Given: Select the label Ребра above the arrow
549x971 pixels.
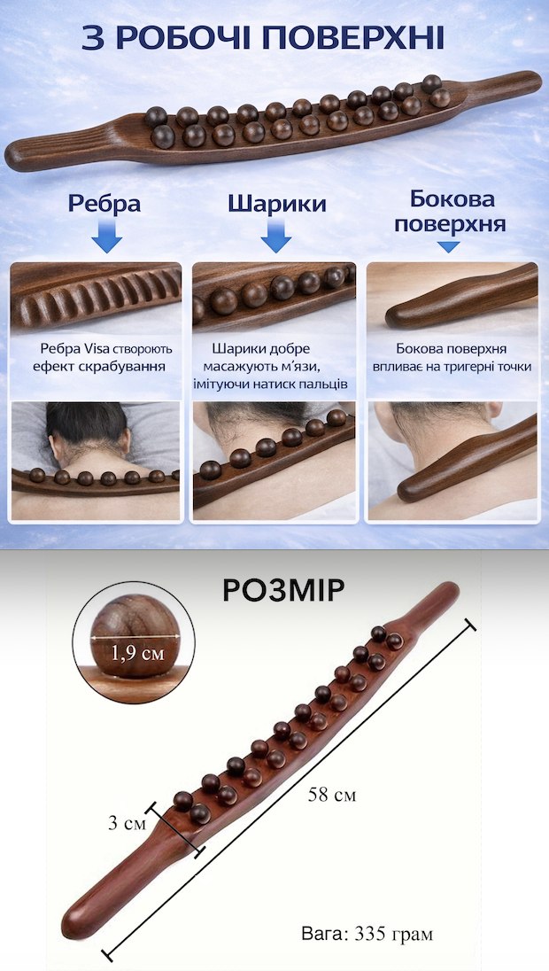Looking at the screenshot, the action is coord(104,205).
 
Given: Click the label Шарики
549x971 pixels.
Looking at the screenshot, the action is coord(276,204).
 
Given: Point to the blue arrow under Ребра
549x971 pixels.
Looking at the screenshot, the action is coord(106,237).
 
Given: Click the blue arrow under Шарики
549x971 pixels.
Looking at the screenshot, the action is coord(276,237).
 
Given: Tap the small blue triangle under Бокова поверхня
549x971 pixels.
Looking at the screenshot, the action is coord(449,247).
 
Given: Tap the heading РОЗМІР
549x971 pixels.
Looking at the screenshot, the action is coord(283,592).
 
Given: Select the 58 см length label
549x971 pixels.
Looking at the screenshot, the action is coord(332,795).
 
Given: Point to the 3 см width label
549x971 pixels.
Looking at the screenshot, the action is coord(127,824).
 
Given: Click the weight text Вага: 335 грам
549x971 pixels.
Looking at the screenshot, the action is coord(367,934).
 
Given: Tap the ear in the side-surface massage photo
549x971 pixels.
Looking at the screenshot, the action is coord(492,411).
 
